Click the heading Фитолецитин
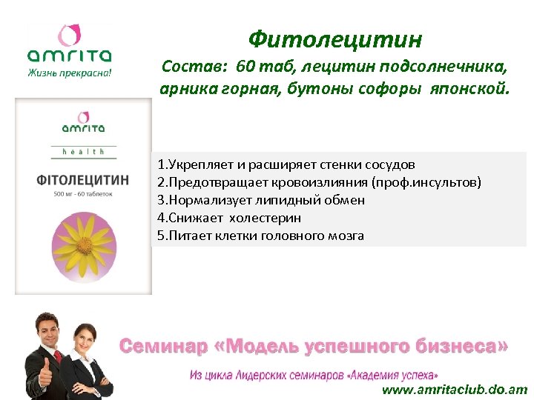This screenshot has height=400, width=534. (x=335, y=39)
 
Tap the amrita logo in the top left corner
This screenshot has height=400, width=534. (x=70, y=46)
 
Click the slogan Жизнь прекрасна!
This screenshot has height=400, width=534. (x=70, y=73)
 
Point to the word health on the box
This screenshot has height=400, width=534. (x=83, y=152)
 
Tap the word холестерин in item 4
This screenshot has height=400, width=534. (x=265, y=218)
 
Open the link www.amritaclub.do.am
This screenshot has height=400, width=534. (x=454, y=390)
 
